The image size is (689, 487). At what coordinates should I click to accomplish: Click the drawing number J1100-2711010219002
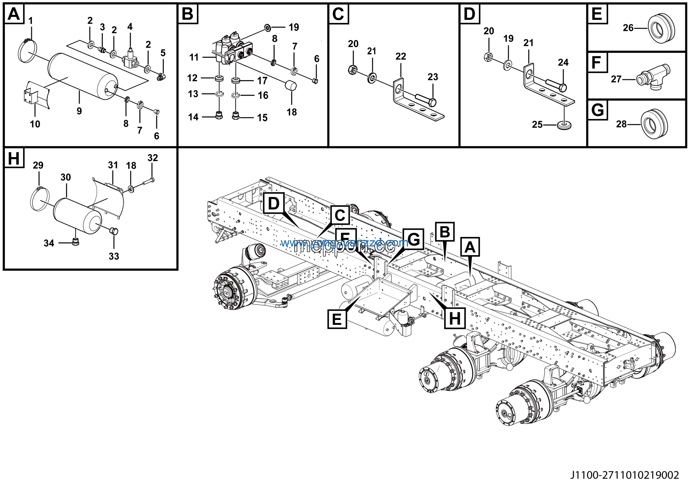click(x=624, y=475)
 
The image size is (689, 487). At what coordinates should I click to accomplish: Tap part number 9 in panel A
click(x=79, y=111)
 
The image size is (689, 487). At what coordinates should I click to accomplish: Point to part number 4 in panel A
click(x=130, y=27)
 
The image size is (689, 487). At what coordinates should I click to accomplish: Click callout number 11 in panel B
click(x=194, y=57)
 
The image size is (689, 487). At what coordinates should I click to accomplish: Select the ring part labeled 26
click(x=661, y=28)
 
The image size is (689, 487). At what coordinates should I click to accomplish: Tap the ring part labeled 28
click(x=654, y=124)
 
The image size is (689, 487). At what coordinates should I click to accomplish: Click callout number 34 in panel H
click(x=49, y=243)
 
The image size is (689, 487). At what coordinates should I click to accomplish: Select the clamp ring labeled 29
click(x=39, y=199)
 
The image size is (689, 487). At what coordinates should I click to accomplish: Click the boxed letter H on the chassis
click(x=455, y=318)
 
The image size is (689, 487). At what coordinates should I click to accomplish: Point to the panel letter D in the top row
click(x=469, y=14)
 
